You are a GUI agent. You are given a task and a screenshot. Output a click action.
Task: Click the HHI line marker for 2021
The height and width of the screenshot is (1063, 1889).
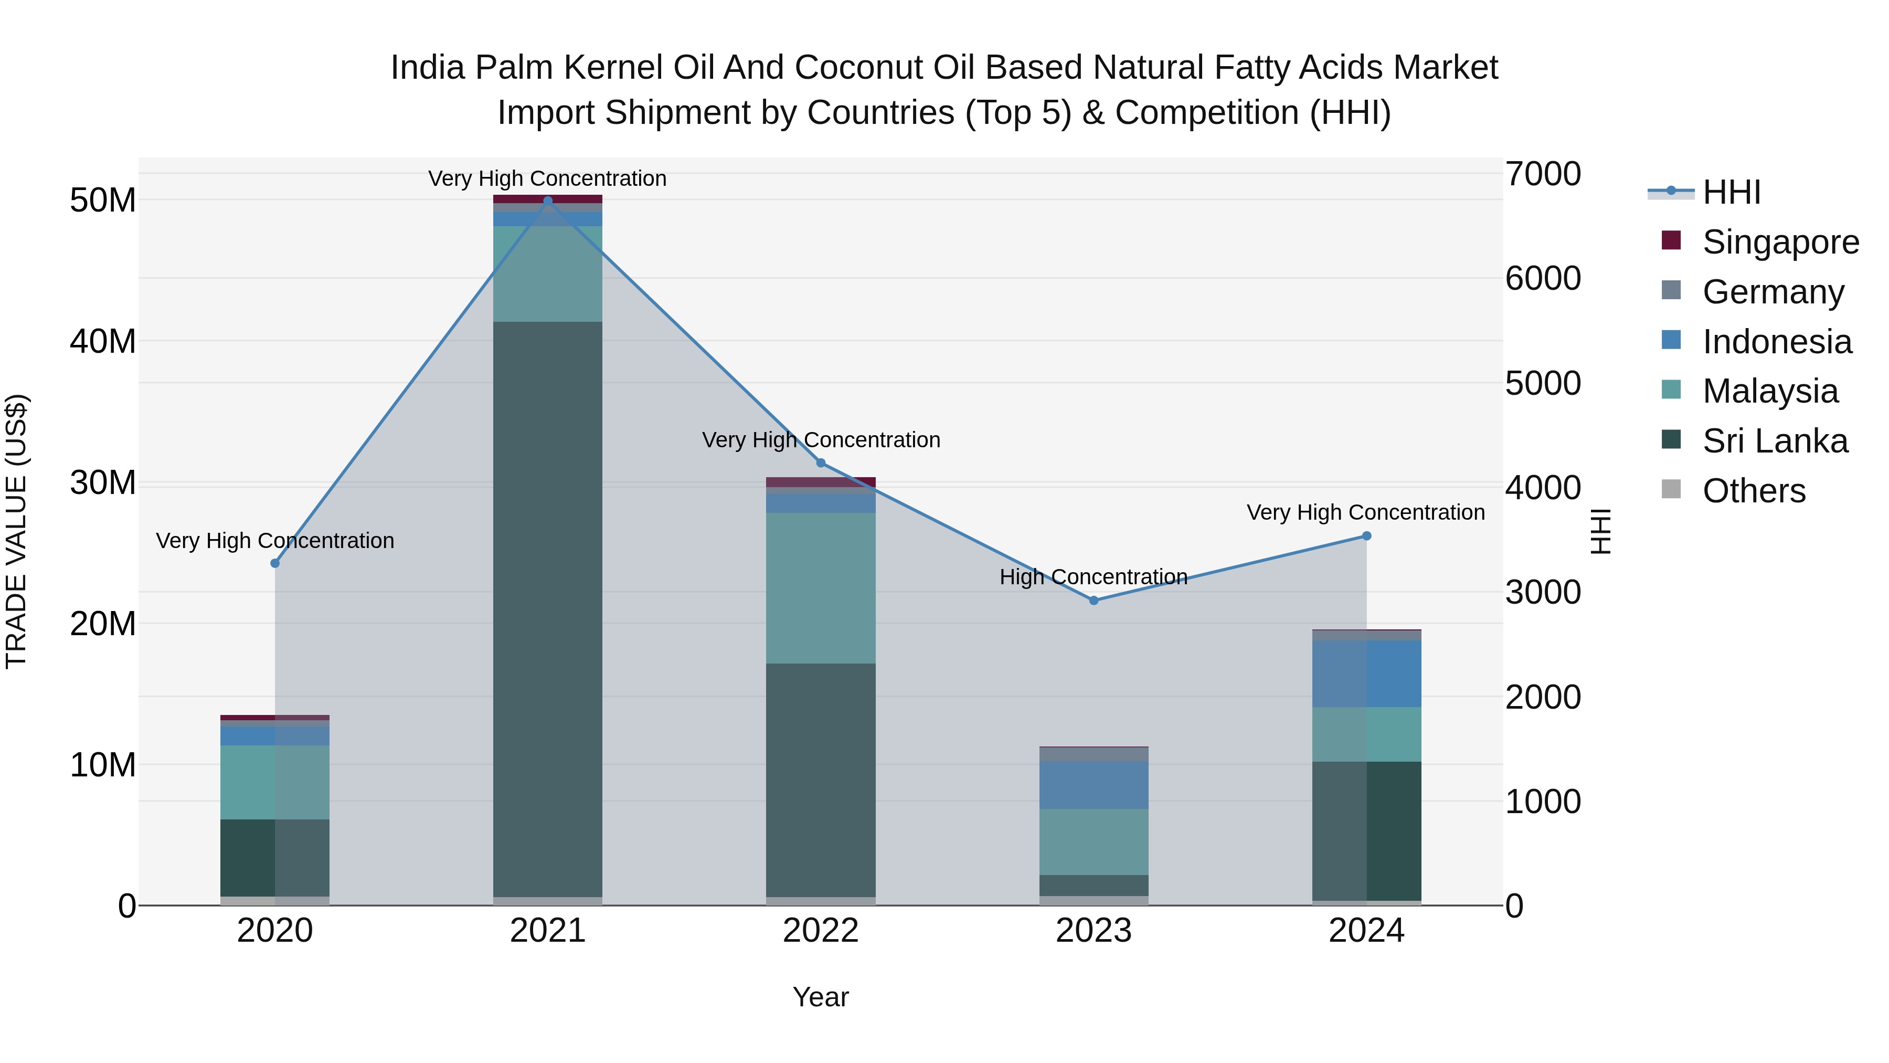click(548, 201)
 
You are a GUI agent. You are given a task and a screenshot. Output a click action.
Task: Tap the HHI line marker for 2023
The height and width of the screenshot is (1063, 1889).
click(1094, 600)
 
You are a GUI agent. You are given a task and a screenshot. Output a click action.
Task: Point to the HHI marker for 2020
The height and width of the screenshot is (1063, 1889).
click(275, 563)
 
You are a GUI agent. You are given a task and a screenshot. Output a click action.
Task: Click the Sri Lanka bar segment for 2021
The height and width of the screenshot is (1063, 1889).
click(548, 609)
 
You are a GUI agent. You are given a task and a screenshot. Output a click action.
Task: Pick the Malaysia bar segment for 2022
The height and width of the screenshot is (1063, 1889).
click(821, 588)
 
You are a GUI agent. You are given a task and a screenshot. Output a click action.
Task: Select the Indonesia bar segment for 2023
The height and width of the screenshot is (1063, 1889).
click(1094, 785)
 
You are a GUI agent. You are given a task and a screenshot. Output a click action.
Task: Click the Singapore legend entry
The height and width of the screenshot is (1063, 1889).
click(1780, 242)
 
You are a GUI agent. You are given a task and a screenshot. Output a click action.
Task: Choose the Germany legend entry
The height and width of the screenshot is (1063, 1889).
click(1773, 292)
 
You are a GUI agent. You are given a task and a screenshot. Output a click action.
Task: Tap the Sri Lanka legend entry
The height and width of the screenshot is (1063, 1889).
click(1775, 441)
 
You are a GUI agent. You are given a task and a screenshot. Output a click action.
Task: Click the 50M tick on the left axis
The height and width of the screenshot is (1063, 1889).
click(103, 201)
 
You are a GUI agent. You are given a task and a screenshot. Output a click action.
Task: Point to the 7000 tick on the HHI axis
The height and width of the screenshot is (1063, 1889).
click(1543, 175)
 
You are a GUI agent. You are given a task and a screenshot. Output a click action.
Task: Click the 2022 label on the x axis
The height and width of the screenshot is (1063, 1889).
click(821, 931)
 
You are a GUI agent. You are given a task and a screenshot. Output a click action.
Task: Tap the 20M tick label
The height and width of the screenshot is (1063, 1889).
click(103, 624)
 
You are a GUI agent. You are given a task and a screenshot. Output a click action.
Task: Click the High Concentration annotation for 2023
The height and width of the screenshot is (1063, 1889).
click(1094, 577)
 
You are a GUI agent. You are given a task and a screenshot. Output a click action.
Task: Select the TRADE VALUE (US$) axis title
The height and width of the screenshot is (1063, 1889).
click(16, 531)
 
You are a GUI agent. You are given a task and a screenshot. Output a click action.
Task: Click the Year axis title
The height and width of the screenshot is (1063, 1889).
click(821, 997)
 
